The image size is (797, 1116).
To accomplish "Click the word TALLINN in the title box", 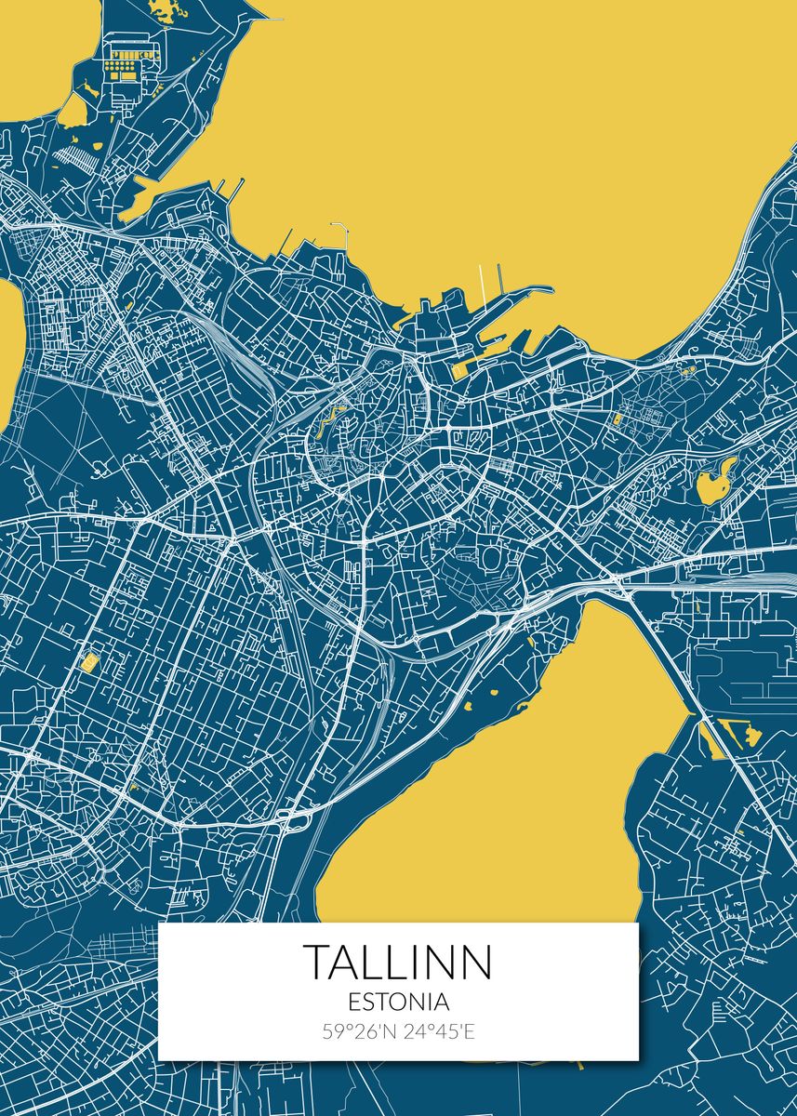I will click(x=398, y=962).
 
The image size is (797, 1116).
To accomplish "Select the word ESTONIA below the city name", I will click(x=398, y=1003).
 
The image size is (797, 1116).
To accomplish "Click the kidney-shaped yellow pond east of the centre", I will click(x=711, y=484).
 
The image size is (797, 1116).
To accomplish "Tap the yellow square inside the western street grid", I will click(x=90, y=662).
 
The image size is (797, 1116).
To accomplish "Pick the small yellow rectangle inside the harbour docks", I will click(x=459, y=369).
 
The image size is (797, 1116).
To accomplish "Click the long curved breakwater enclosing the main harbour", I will click(x=530, y=296).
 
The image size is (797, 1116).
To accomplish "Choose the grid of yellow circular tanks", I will click(x=121, y=67).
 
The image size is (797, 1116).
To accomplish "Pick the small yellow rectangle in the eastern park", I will click(x=617, y=419).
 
